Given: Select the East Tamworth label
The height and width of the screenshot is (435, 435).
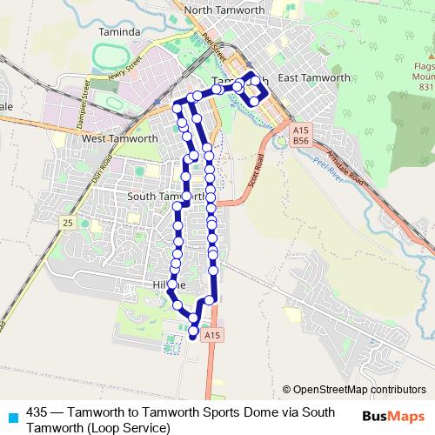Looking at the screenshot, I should coord(314,78).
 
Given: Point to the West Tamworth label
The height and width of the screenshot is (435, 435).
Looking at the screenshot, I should coord(118,138).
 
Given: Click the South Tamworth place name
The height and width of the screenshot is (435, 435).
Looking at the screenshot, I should coord(165,197).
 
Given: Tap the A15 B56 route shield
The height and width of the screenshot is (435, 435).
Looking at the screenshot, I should coord(301,134).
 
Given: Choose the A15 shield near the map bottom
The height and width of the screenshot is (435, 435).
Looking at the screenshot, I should coord(211,333).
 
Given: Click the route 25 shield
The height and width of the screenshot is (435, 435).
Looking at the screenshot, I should coord(67,224).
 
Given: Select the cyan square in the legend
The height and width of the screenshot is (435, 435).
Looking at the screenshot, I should coord(11,416).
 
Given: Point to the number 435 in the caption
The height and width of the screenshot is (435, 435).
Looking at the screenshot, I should coord(37,412).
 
